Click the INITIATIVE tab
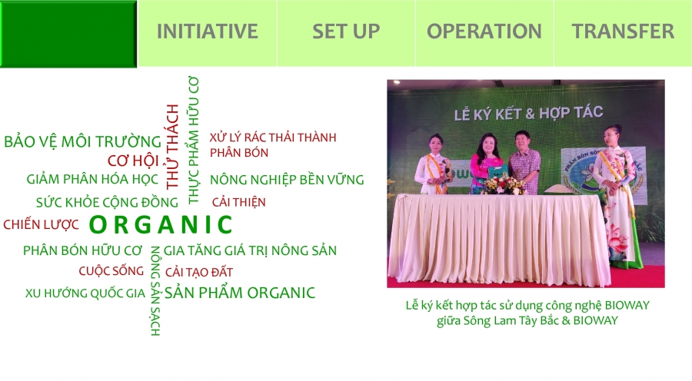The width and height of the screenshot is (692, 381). (x=208, y=31)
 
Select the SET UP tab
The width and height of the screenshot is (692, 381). (x=346, y=31)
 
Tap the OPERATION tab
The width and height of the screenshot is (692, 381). (x=484, y=31)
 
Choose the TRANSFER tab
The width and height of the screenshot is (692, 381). (x=623, y=31)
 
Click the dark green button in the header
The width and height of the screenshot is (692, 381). (x=68, y=34)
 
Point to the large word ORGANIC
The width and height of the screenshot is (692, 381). (x=161, y=224)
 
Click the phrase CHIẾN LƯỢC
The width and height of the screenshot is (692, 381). (x=41, y=224)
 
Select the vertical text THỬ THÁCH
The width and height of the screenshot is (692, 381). (x=171, y=147)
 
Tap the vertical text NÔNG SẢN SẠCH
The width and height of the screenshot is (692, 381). (x=155, y=290)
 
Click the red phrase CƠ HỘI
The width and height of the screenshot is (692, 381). (x=133, y=161)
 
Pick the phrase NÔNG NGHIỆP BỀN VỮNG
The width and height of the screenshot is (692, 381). (x=287, y=180)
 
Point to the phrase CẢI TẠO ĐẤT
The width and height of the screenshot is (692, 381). (x=199, y=272)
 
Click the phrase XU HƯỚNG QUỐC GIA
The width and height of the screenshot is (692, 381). (x=85, y=293)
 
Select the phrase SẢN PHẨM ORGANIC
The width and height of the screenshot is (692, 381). (x=240, y=293)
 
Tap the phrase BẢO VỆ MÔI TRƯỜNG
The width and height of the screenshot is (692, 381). (x=82, y=141)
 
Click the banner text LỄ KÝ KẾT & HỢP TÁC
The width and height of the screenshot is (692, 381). (x=529, y=114)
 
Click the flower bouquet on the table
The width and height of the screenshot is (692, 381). (x=503, y=184)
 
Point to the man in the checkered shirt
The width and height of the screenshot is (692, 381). (x=524, y=162)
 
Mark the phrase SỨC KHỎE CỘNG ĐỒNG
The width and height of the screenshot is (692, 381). (x=107, y=203)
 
